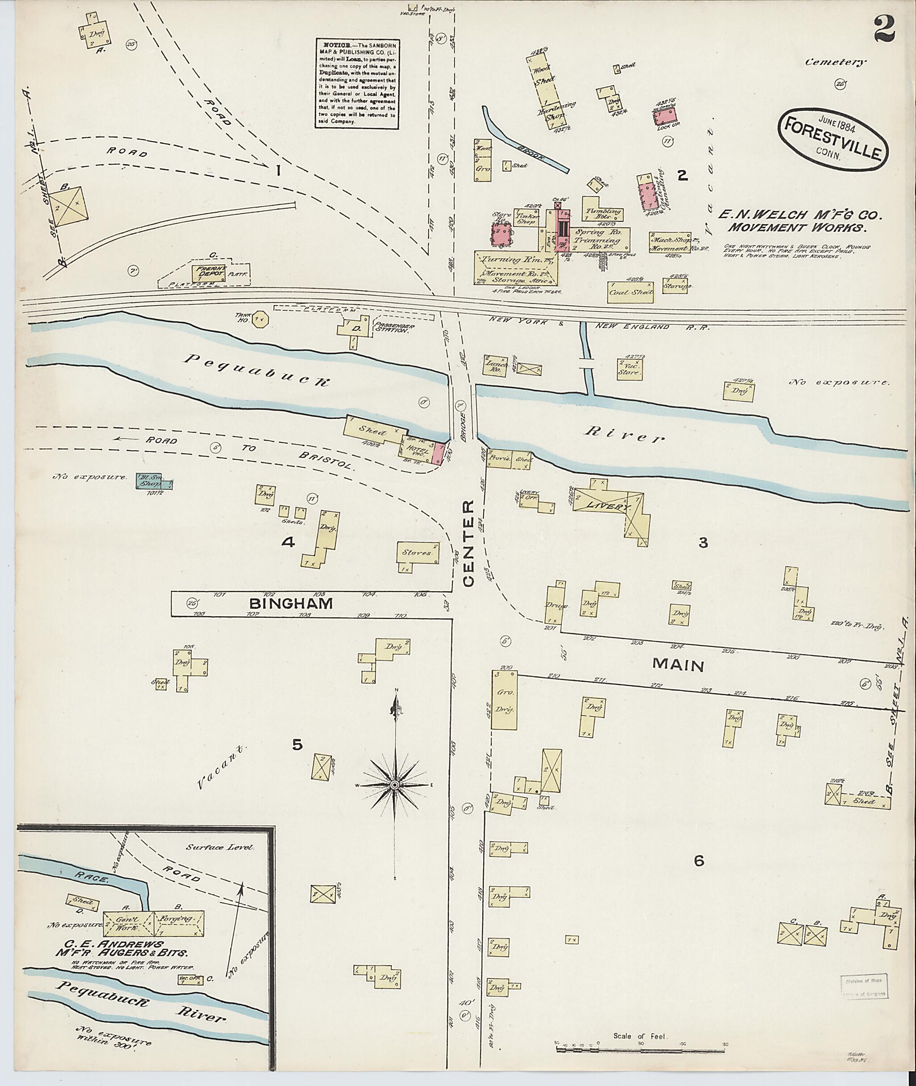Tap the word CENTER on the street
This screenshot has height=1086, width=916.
coord(469,544)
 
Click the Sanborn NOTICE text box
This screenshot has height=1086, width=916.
coord(357,83)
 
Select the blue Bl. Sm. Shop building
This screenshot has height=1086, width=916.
coord(149,481)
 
